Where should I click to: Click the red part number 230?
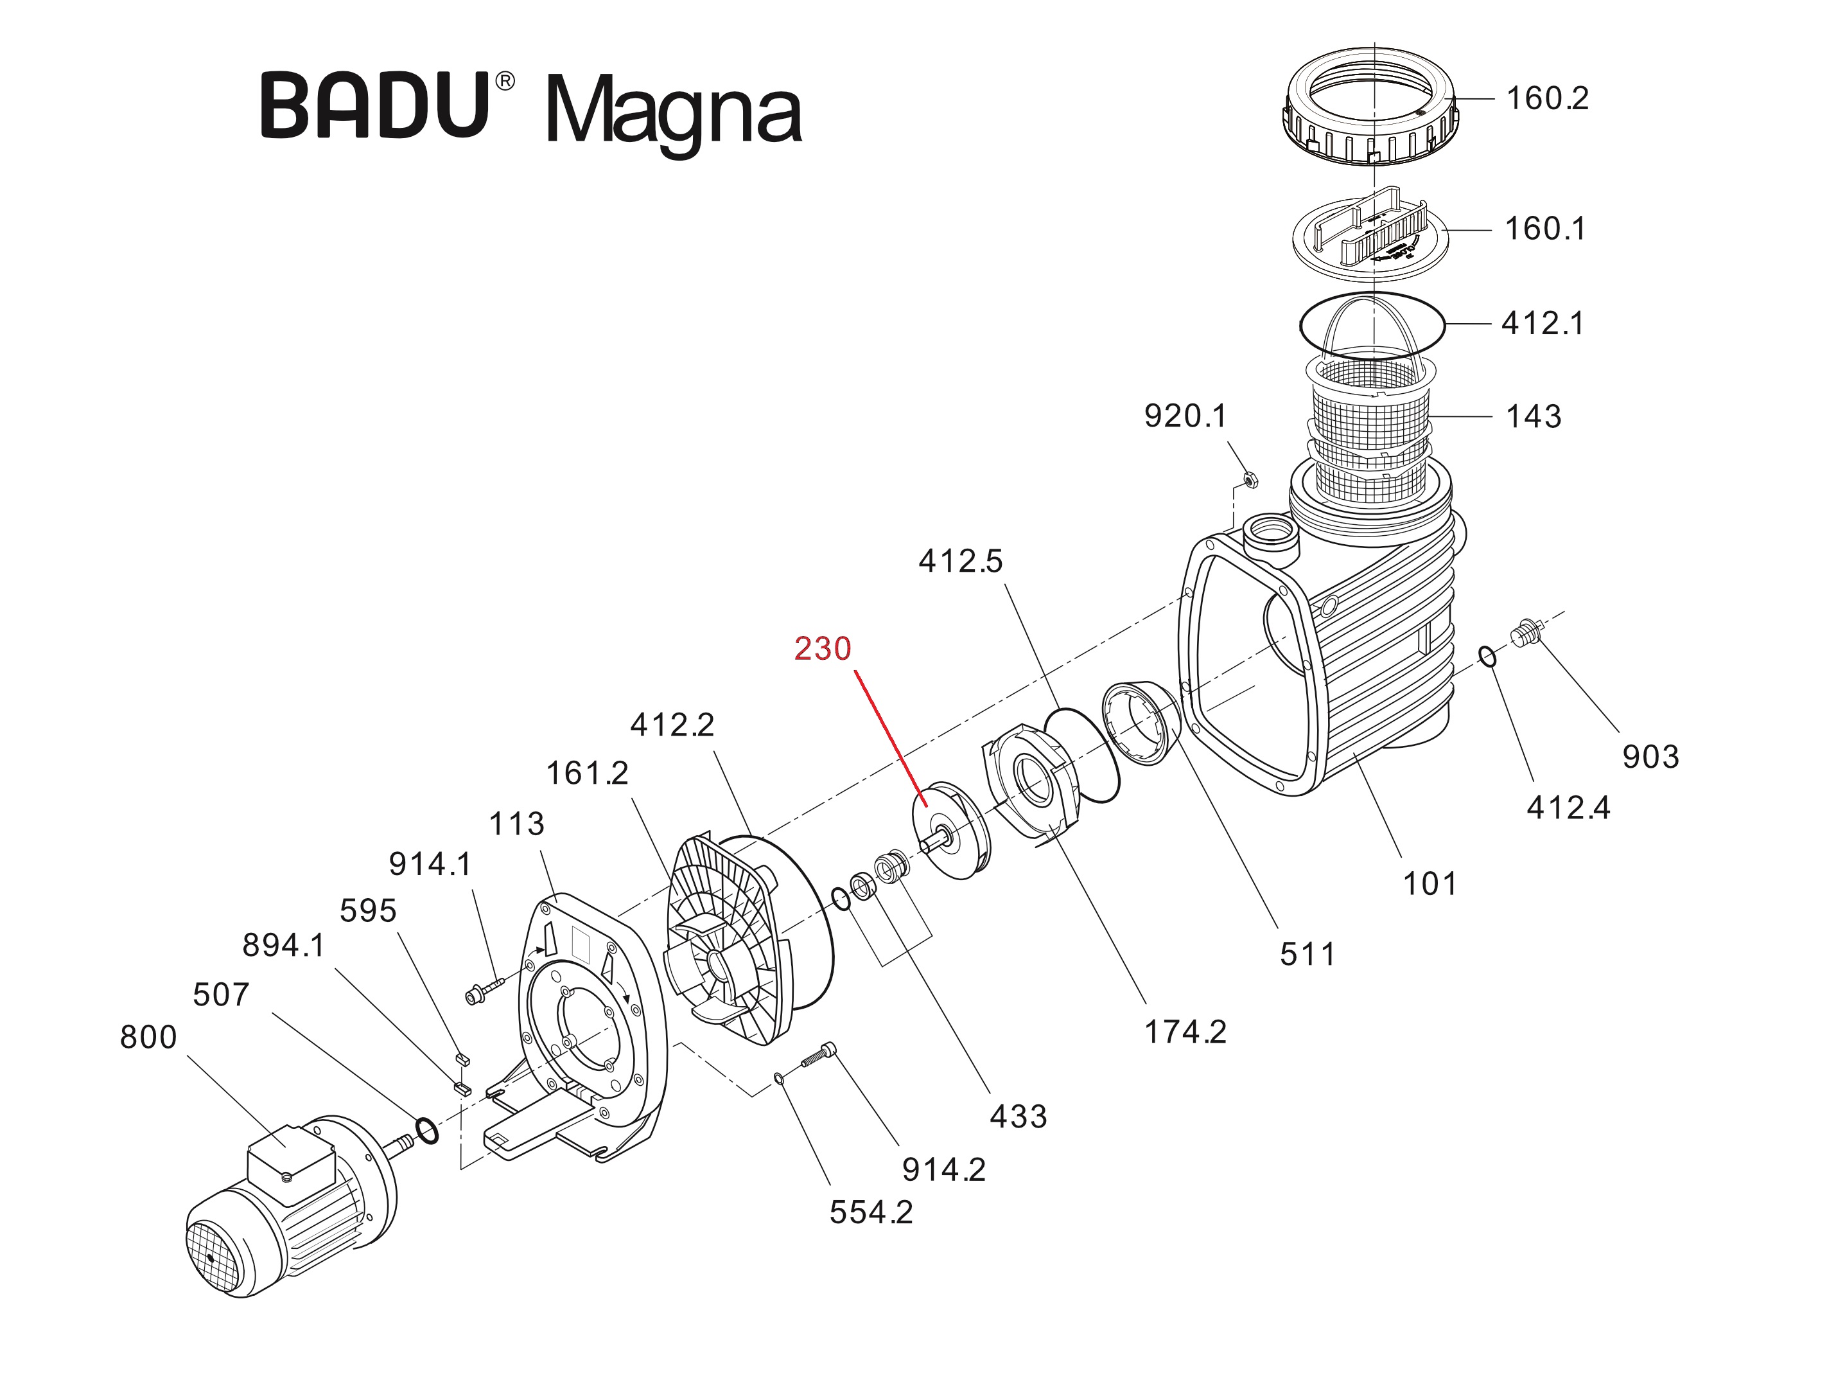coord(823,649)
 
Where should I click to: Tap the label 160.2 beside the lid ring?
coord(1546,98)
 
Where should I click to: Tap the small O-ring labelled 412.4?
coord(1488,657)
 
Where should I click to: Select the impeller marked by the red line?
coord(951,830)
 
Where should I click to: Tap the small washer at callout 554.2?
coord(779,1079)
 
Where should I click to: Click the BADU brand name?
coord(375,106)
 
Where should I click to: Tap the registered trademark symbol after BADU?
coord(505,81)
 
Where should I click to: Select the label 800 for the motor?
coord(148,1037)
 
